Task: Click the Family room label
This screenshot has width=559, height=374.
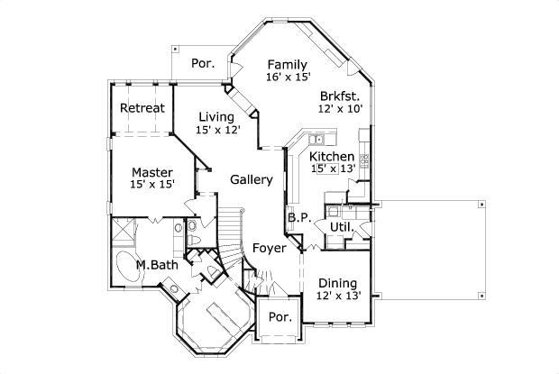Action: tap(287, 65)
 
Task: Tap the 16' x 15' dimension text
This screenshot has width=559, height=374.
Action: tap(287, 78)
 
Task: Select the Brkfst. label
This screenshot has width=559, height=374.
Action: tap(340, 96)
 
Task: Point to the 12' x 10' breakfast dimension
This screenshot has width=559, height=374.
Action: tap(340, 108)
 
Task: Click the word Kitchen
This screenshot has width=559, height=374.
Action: tap(332, 156)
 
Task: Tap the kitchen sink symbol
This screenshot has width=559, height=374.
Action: tap(318, 140)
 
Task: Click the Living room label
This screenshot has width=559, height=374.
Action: tap(216, 117)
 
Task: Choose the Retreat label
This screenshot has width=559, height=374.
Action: tap(142, 109)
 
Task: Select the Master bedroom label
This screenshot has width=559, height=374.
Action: tap(151, 172)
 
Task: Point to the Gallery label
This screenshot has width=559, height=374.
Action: tap(251, 179)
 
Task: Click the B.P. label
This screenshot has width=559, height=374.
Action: tap(299, 218)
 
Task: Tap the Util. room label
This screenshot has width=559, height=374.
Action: tap(340, 226)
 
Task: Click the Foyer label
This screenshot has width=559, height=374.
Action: tap(269, 248)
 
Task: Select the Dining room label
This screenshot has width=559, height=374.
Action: tap(338, 283)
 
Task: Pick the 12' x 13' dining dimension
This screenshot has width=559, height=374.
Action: tap(338, 296)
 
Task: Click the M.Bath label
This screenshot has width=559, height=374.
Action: tap(156, 265)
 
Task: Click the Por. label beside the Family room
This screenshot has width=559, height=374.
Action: tap(202, 64)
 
